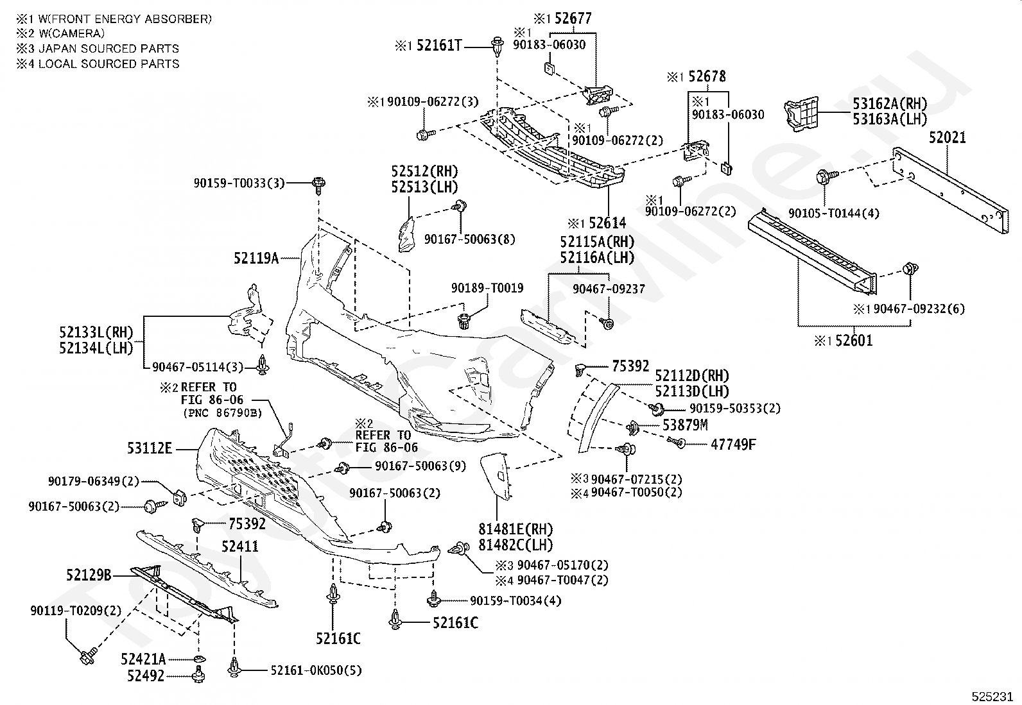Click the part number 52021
pos(947,138)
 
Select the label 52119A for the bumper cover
pos(256,259)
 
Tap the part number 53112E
pos(150,448)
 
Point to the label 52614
pos(607,223)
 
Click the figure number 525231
pos(992,696)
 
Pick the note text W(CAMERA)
pos(71,33)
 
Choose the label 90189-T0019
pos(487,288)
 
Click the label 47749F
pos(733,444)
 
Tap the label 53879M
pos(685,425)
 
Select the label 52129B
pos(89,575)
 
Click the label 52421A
pos(143,659)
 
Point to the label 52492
pos(146,676)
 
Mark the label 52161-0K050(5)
pos(316,670)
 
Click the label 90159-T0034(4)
pos(515,600)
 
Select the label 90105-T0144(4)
pos(833,214)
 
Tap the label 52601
pos(854,341)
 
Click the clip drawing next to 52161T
pos(498,46)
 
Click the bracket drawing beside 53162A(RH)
pos(801,114)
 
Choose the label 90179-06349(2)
pos(94,482)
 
